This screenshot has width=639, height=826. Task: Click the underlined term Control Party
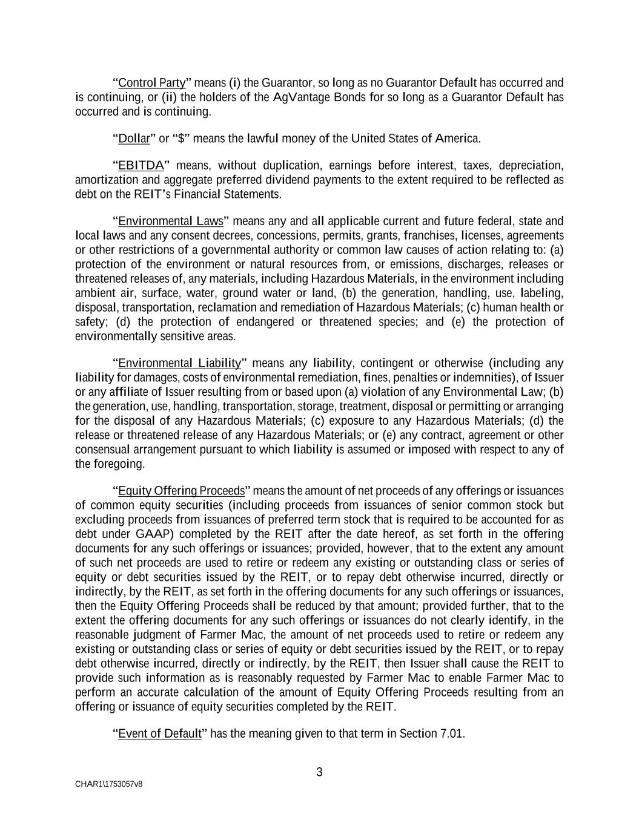click(x=151, y=83)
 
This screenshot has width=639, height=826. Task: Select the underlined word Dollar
click(x=134, y=139)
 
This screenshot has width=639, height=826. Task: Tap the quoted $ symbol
click(x=181, y=139)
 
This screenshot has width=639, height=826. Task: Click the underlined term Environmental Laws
click(x=171, y=221)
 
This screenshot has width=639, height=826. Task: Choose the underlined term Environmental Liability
click(x=179, y=363)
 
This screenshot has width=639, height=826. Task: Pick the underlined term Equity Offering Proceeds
click(x=181, y=491)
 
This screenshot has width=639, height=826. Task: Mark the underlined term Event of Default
click(x=159, y=734)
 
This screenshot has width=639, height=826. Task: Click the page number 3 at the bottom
click(x=319, y=772)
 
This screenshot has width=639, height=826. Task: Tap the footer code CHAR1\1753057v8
click(x=109, y=784)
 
